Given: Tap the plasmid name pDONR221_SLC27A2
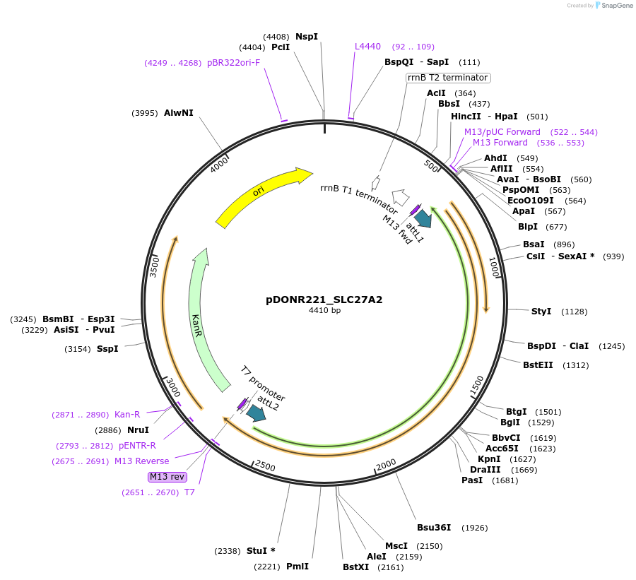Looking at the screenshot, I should coord(324,300).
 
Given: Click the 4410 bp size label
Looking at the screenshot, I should coord(324,310).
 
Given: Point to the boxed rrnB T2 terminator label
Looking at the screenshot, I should coord(448,78).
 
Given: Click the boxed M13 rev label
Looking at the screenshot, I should coord(167,477).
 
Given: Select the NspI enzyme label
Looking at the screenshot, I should coord(307,37).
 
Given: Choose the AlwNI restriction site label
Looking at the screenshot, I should coord(178,113).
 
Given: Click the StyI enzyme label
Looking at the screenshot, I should coord(541,312).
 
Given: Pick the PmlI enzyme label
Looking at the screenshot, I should coord(298,567).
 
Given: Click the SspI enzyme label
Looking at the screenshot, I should coord(107,348).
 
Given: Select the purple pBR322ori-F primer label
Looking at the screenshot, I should coord(233,63).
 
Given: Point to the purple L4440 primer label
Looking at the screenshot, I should coord(367,47).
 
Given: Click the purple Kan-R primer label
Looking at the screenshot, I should coord(127,415).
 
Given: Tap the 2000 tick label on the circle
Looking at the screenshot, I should coord(386,464).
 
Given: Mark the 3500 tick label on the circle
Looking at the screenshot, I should coord(155,266).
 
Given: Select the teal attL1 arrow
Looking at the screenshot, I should coord(423,218).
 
